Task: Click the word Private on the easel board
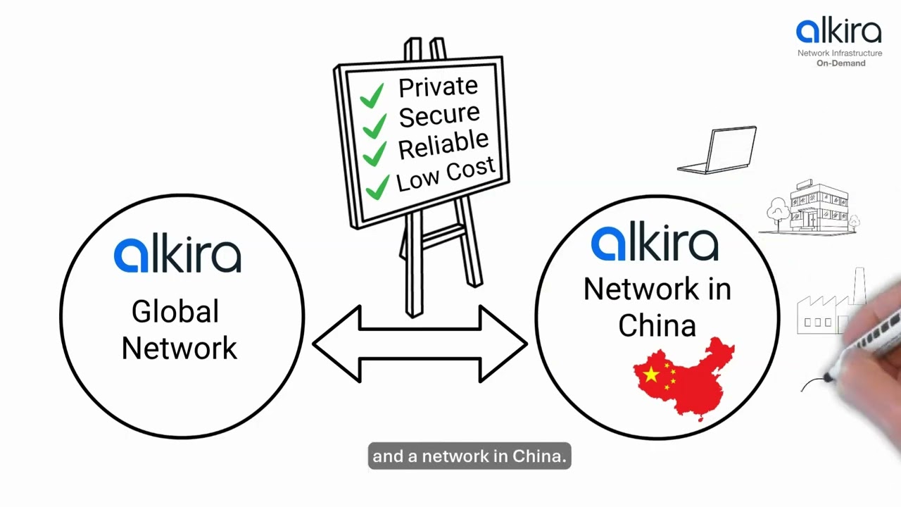coord(438,87)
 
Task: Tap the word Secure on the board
coord(439,115)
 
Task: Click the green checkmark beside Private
coord(372,95)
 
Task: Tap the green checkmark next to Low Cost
coord(378,187)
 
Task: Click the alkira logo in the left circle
coord(177,255)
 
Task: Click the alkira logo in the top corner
coord(838,32)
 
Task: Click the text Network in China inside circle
coord(657,307)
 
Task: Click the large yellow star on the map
coord(651,375)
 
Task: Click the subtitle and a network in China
coord(469,456)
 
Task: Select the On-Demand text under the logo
coord(840,63)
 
